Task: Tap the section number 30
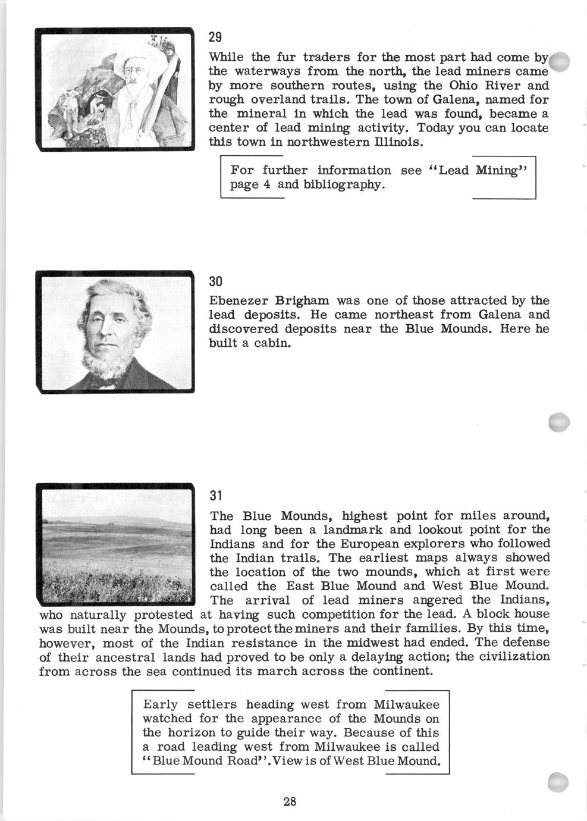215,281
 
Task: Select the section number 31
215,495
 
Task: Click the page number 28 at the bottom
290,801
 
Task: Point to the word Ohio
468,85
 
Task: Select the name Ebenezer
238,300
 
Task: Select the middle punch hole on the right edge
559,422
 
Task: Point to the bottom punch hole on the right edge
559,782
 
